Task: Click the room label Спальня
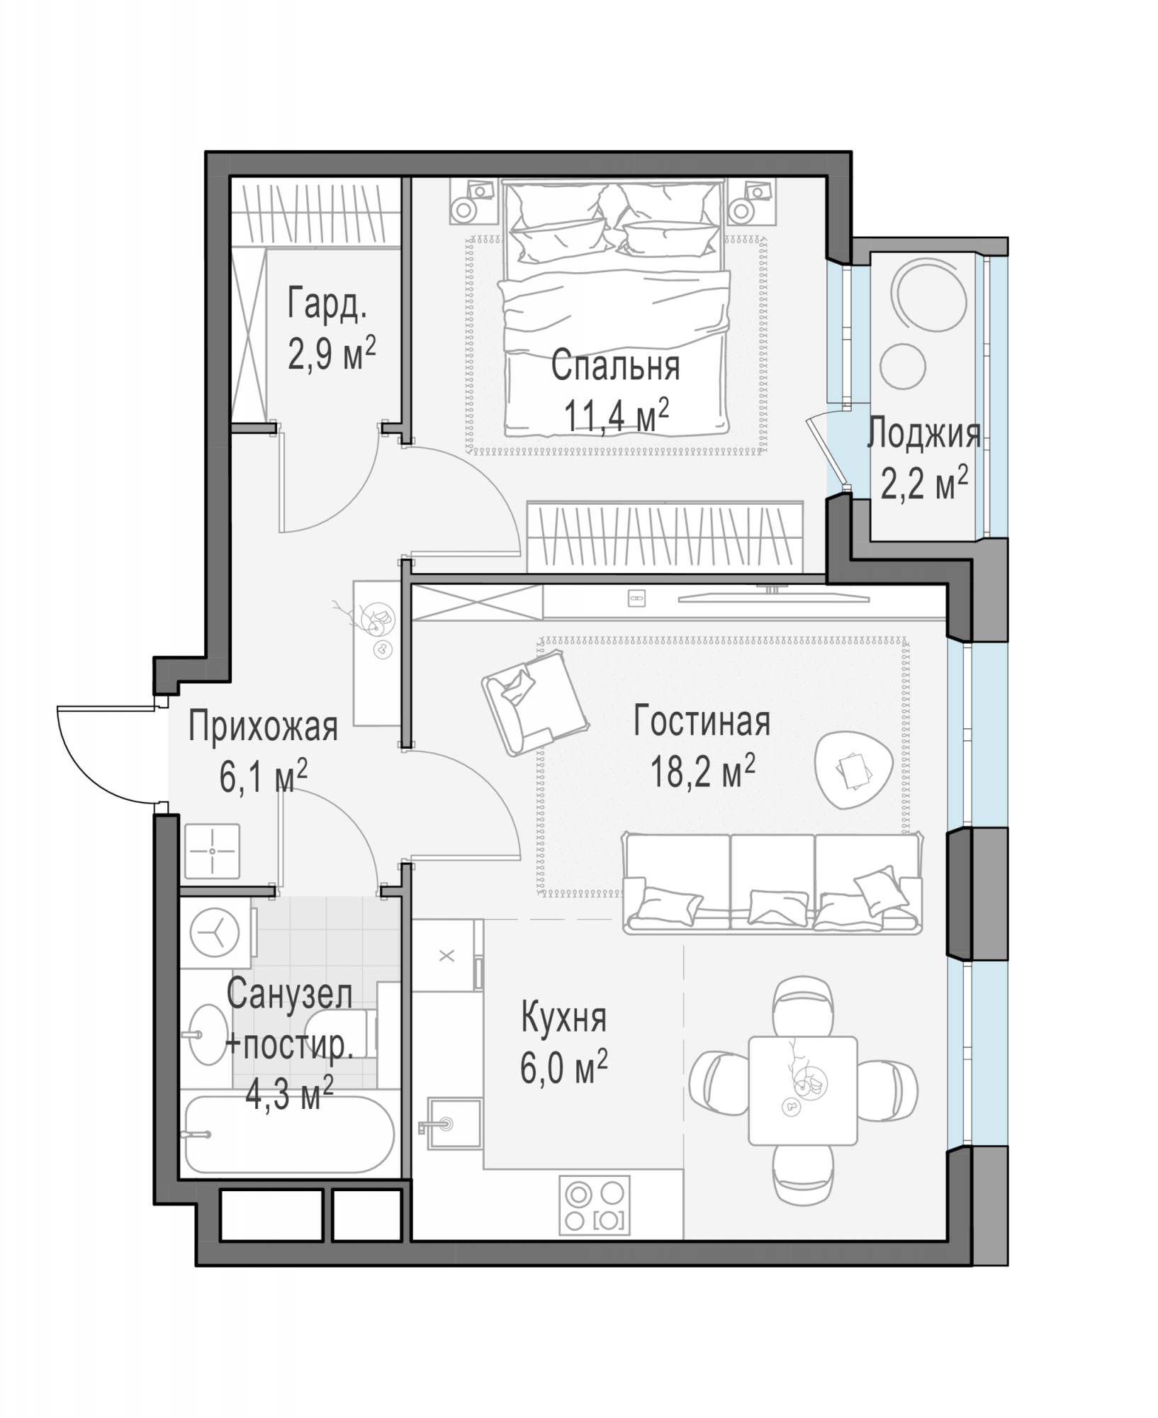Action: coord(615,367)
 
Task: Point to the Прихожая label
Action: coord(263,728)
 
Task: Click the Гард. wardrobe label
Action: coord(327,305)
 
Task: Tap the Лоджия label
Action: coord(924,433)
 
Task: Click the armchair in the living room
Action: coord(535,703)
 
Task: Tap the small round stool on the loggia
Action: coord(902,366)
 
